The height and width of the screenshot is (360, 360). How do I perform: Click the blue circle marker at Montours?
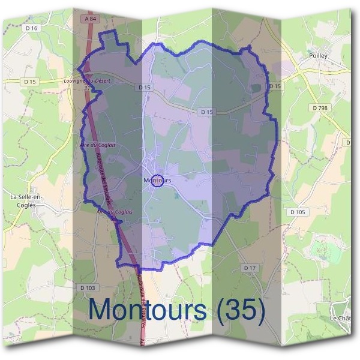click(x=157, y=181)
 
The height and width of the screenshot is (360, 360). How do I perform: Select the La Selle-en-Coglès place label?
click(x=23, y=200)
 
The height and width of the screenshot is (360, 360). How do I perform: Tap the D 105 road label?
click(x=298, y=212)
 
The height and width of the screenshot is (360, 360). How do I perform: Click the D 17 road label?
click(x=250, y=266)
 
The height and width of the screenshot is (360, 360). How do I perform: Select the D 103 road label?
click(x=87, y=288)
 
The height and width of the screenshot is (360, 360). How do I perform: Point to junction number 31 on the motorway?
click(x=88, y=88)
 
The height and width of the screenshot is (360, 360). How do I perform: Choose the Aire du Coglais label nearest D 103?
click(x=115, y=212)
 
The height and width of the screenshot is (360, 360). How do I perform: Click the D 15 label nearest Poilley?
click(x=275, y=86)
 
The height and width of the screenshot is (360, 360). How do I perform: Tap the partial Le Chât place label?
click(x=340, y=317)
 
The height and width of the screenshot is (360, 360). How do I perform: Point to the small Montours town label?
click(x=158, y=180)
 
